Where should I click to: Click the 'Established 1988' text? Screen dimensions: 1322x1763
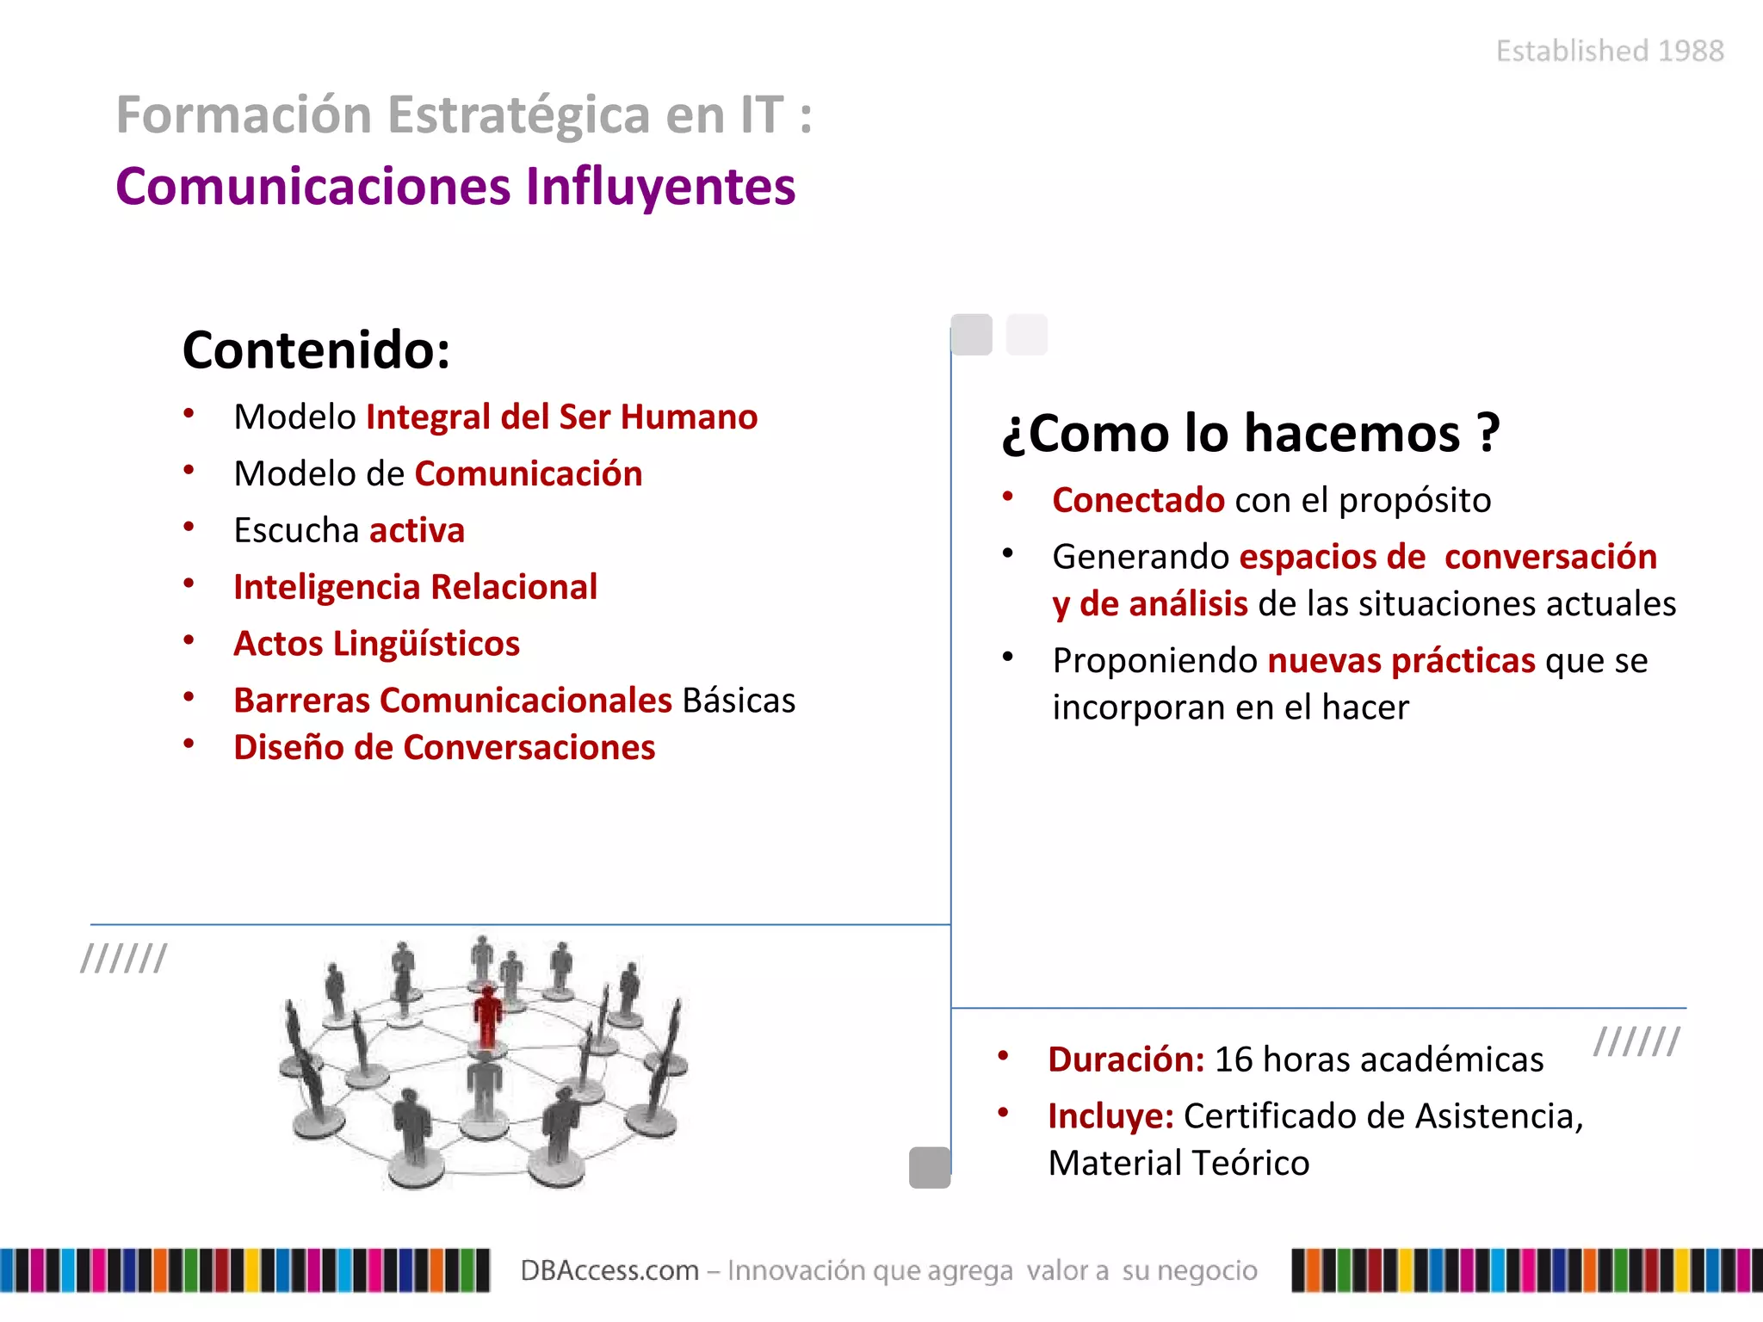[x=1610, y=52]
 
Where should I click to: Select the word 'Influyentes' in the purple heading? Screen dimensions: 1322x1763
[x=660, y=187]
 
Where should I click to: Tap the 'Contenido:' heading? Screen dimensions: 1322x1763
[x=316, y=350]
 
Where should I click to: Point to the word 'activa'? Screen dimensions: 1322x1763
[x=417, y=531]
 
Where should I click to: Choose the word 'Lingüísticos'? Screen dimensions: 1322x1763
[x=426, y=644]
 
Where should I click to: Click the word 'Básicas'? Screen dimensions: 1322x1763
[x=739, y=701]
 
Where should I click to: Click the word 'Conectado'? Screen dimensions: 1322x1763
[x=1138, y=500]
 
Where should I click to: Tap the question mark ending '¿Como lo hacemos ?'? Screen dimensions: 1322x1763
[x=1488, y=433]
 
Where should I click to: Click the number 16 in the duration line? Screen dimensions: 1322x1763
[x=1233, y=1059]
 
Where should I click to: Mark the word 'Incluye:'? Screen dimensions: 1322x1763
[x=1110, y=1116]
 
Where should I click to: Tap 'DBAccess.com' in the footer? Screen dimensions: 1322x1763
[x=609, y=1270]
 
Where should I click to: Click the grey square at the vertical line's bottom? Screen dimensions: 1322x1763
[x=930, y=1168]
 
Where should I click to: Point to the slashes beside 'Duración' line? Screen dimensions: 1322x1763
[x=1636, y=1041]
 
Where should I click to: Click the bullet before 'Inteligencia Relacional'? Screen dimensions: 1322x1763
[x=189, y=584]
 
